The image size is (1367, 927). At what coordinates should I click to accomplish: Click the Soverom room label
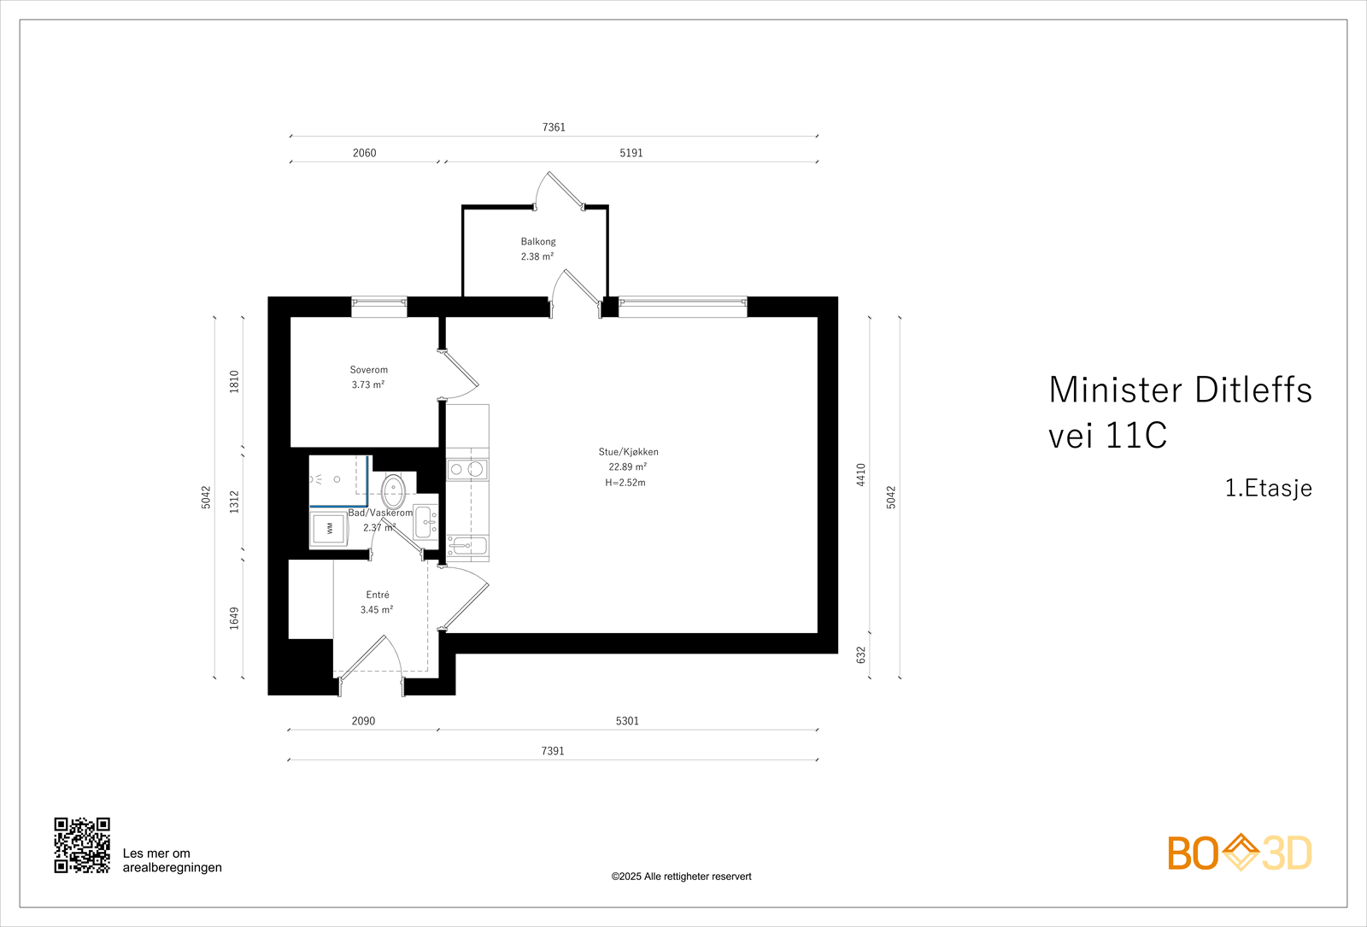(368, 370)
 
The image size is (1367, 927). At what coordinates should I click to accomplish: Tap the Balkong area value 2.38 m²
(537, 256)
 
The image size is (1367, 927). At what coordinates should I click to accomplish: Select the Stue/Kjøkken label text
(628, 452)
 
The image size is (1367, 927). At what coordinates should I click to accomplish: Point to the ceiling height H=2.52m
(625, 483)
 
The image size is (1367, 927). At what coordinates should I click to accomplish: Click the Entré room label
(377, 595)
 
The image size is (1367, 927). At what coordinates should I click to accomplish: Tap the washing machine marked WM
(329, 529)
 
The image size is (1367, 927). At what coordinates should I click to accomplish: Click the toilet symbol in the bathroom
(393, 491)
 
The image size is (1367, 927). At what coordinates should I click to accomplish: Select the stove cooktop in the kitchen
(466, 469)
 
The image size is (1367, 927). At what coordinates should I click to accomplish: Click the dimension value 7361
(554, 127)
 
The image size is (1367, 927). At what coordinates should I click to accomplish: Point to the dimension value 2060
(364, 153)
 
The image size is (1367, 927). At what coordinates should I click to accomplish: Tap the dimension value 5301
(627, 721)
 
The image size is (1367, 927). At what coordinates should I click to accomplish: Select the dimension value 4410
(861, 475)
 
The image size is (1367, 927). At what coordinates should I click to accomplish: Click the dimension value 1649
(234, 619)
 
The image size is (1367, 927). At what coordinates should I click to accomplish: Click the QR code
(82, 845)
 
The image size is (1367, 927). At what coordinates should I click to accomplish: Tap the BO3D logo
(1239, 853)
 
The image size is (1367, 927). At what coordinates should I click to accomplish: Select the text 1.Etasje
(1268, 488)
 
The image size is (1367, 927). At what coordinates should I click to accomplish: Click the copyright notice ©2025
(681, 877)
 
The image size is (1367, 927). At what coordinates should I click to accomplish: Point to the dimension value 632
(861, 654)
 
